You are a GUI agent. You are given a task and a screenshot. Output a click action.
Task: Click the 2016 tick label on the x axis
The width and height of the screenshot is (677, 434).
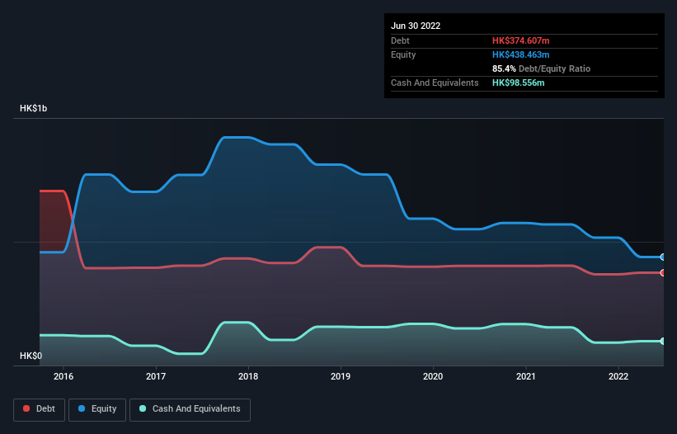click(63, 377)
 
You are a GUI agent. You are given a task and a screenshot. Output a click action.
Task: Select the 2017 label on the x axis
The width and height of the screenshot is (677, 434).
click(156, 377)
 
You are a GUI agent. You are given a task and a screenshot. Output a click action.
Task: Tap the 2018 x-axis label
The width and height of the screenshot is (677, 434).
click(248, 377)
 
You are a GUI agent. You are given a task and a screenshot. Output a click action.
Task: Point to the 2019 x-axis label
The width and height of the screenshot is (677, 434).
click(341, 377)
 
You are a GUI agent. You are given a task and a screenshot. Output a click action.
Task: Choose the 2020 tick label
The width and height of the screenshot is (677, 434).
click(433, 377)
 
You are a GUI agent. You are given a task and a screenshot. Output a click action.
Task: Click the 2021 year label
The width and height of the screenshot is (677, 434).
click(525, 377)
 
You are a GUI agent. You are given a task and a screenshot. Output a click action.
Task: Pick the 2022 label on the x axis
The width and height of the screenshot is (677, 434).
click(618, 377)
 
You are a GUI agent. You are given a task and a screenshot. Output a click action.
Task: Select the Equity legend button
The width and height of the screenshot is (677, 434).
click(97, 409)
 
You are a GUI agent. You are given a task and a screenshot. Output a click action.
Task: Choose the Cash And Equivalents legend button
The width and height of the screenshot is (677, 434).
click(190, 409)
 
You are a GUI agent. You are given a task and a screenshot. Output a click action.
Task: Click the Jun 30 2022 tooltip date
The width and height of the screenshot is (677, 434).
click(416, 26)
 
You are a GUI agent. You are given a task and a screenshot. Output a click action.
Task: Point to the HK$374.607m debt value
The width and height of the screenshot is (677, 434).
click(520, 40)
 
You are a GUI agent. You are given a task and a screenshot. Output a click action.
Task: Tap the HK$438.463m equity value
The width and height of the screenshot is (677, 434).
click(520, 54)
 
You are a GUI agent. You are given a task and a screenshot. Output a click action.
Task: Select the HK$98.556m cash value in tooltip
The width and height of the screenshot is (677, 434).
click(518, 83)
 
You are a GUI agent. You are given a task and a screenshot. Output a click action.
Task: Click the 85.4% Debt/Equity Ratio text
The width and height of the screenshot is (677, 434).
click(541, 68)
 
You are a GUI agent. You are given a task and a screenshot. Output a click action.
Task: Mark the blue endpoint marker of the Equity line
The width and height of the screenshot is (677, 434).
click(663, 257)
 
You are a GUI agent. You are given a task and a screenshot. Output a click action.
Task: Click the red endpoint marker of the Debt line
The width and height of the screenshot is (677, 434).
click(663, 272)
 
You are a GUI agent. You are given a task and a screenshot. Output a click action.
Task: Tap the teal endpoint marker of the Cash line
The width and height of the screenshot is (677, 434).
click(663, 341)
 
